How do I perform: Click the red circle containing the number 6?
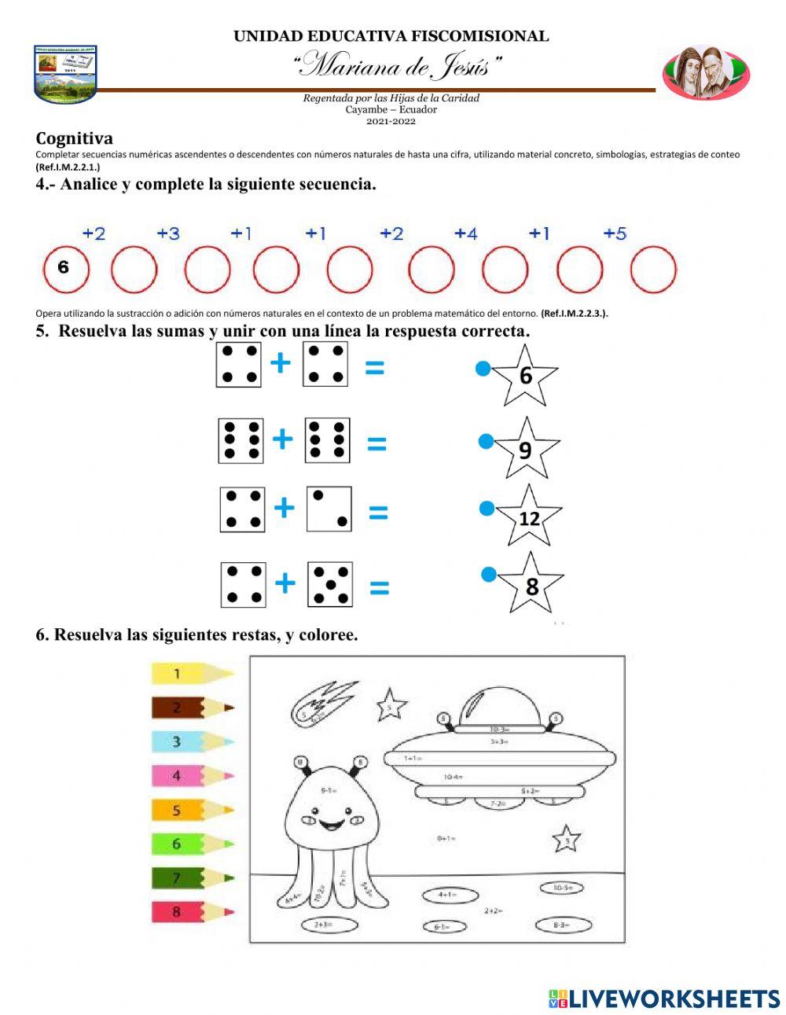66,269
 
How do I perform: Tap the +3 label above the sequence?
167,234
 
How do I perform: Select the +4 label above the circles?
465,234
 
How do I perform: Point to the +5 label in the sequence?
615,234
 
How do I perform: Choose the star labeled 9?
526,449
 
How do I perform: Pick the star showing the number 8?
531,585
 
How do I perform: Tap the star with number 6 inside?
525,375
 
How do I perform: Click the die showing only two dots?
329,509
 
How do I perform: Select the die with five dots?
329,584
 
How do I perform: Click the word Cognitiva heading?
74,139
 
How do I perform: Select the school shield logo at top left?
65,74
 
